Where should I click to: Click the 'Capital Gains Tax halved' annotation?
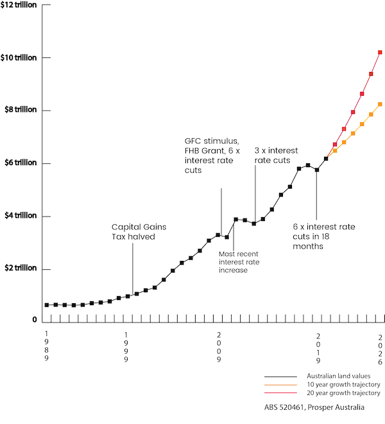tap(133, 232)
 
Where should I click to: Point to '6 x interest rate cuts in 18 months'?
tap(324, 236)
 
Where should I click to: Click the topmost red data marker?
tap(380, 52)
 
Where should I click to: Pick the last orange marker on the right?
tap(380, 104)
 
